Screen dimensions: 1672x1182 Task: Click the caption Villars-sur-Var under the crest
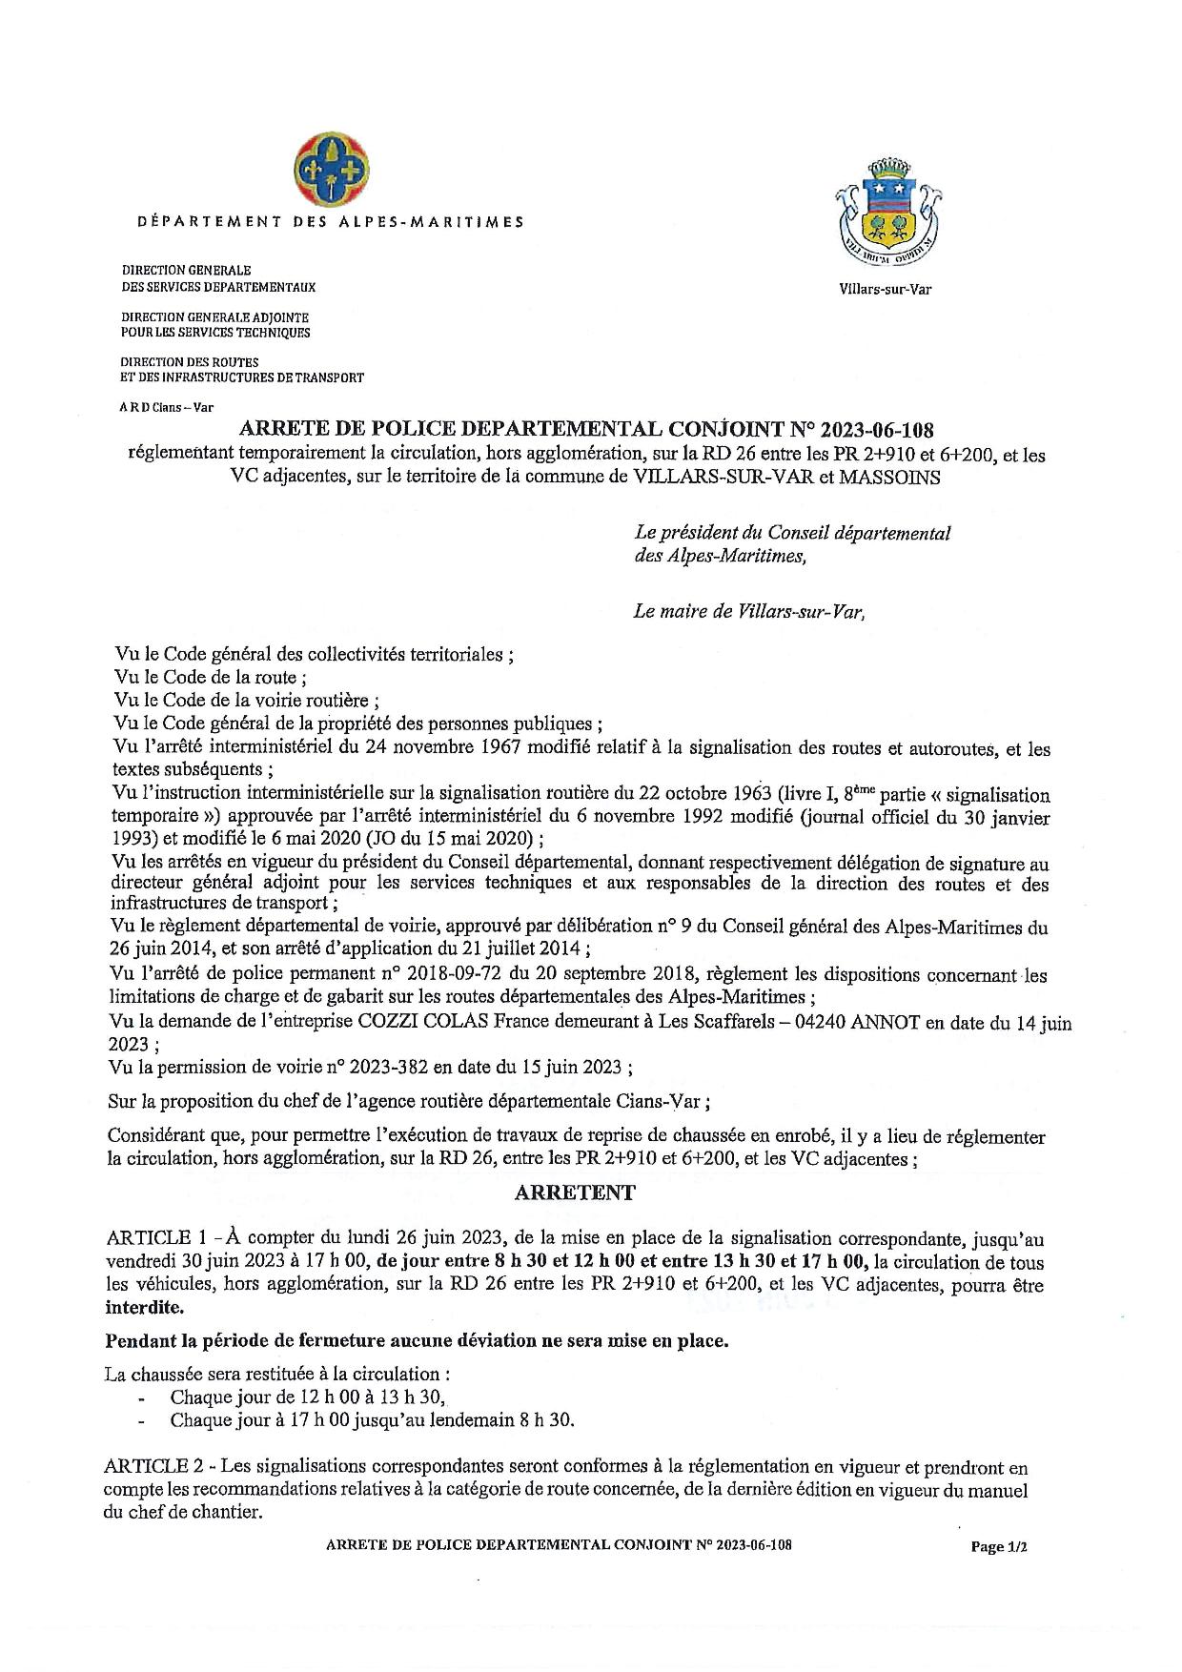[886, 289]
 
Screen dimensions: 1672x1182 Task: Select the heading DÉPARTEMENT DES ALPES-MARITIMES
[331, 222]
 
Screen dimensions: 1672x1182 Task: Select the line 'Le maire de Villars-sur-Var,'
[748, 612]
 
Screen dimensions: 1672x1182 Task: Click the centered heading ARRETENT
[574, 1193]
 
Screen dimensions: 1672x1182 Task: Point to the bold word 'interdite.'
[147, 1307]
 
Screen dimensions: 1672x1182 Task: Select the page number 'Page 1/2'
[998, 1547]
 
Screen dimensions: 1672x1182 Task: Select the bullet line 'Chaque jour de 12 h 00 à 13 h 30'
[307, 1397]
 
